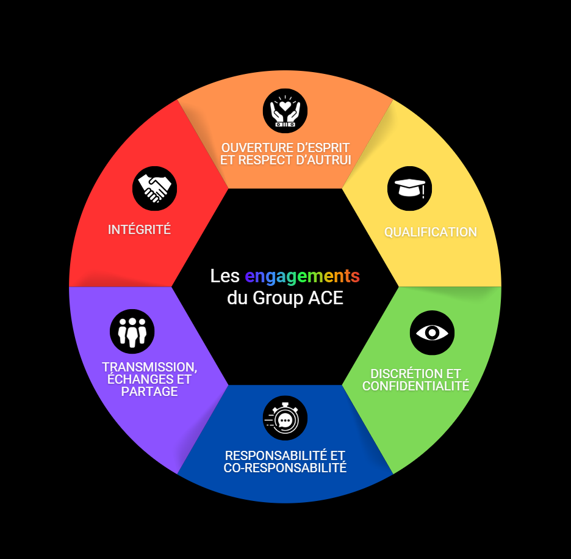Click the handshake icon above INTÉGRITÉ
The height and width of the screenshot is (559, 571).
click(x=154, y=188)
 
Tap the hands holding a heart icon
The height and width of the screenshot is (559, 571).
click(x=285, y=111)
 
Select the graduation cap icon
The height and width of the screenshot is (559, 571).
click(x=409, y=188)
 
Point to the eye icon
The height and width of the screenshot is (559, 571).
click(x=432, y=332)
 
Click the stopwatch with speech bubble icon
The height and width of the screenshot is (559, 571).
click(x=285, y=418)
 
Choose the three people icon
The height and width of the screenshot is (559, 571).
click(x=132, y=332)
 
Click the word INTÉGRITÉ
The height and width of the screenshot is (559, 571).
click(x=139, y=230)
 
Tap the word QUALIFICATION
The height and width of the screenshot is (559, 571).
click(x=430, y=232)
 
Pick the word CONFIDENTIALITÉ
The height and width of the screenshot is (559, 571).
click(x=415, y=386)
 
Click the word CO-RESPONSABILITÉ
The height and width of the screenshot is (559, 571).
click(x=285, y=468)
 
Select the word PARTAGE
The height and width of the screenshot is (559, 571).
click(x=149, y=392)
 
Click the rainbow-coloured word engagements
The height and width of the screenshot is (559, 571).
click(x=302, y=276)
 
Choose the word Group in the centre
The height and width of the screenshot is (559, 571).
click(x=273, y=299)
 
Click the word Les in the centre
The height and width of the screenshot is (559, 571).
click(x=224, y=276)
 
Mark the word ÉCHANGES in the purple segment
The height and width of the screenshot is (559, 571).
click(x=135, y=379)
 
